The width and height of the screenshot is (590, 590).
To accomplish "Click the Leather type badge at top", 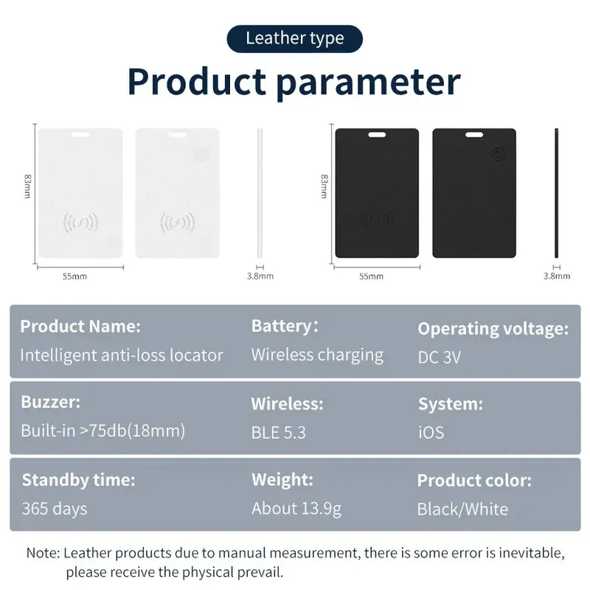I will pyautogui.click(x=295, y=38).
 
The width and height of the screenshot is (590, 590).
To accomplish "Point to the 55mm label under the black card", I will pyautogui.click(x=370, y=277).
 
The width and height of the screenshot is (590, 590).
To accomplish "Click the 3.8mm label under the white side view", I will pyautogui.click(x=260, y=277).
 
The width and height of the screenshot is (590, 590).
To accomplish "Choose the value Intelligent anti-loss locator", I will pyautogui.click(x=121, y=355).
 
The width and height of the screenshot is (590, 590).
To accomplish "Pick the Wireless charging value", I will pyautogui.click(x=317, y=355).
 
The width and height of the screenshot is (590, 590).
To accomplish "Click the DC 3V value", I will pyautogui.click(x=440, y=357).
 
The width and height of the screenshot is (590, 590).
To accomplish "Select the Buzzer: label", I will pyautogui.click(x=51, y=403).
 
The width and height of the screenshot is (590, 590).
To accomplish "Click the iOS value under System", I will pyautogui.click(x=431, y=431).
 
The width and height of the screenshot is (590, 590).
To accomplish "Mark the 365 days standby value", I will pyautogui.click(x=55, y=508).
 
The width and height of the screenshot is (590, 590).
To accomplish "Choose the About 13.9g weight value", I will pyautogui.click(x=296, y=508).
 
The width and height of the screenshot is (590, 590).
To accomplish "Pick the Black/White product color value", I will pyautogui.click(x=462, y=509).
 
